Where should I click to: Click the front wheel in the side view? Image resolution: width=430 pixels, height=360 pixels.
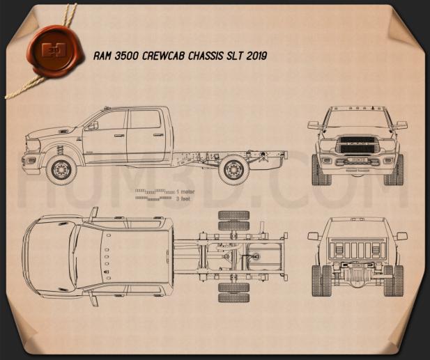click(x=61, y=169)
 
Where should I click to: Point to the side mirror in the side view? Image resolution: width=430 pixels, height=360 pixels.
click(x=90, y=125)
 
